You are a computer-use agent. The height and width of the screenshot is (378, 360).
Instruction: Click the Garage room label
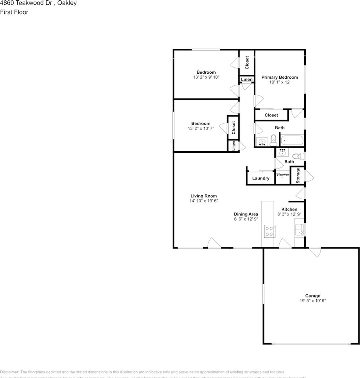[x=313, y=296]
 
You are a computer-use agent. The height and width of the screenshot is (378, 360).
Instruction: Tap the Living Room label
[x=203, y=196]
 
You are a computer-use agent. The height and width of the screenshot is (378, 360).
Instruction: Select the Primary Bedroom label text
[x=280, y=78]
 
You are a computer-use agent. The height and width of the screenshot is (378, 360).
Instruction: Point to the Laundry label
[x=261, y=178]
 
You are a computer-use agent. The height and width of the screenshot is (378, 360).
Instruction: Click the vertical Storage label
[x=298, y=176]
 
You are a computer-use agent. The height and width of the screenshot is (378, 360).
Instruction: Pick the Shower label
[x=282, y=174]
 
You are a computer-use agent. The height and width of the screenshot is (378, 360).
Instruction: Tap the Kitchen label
[x=289, y=209]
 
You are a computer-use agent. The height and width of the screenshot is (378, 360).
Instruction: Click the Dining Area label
[x=246, y=214]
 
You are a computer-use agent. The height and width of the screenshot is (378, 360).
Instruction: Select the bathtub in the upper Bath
[x=292, y=141]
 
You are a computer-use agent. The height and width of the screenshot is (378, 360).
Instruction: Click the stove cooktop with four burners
[x=270, y=231]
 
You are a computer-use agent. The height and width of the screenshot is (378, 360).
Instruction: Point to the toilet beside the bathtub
[x=273, y=140]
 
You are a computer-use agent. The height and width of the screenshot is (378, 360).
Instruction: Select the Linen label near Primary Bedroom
[x=247, y=80]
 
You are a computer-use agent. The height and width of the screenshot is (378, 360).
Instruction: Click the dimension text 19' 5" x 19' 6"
[x=313, y=301]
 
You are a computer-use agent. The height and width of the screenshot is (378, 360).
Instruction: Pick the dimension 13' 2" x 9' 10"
[x=206, y=78]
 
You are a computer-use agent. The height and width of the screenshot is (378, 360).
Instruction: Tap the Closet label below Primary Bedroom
[x=271, y=115]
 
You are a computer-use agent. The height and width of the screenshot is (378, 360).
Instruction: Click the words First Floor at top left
[x=14, y=12]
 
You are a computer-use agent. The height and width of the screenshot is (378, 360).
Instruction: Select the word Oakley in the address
[x=66, y=3]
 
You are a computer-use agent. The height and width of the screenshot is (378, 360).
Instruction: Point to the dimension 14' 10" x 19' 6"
[x=203, y=201]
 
